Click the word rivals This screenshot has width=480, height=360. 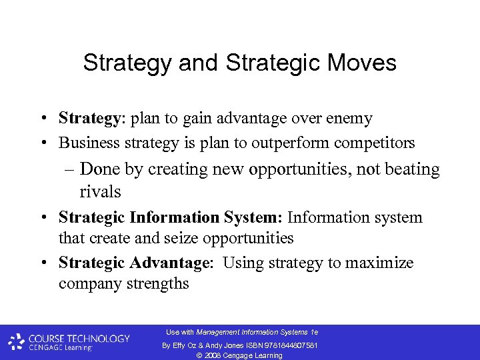click(100, 192)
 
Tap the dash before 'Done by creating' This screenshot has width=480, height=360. click(71, 169)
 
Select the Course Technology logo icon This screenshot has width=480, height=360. click(17, 342)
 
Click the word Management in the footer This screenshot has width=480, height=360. click(219, 332)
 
